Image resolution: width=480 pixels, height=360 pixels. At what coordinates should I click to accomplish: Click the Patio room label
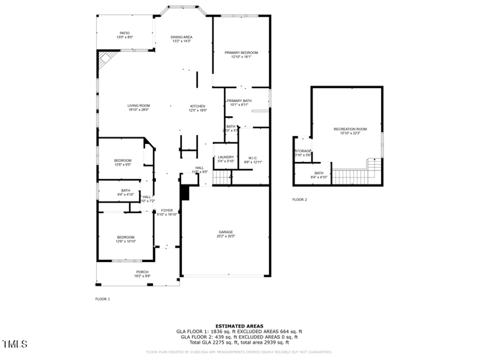point(124,33)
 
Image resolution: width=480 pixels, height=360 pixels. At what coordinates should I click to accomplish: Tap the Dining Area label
point(182,37)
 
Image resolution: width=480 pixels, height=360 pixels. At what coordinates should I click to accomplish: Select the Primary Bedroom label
point(241,53)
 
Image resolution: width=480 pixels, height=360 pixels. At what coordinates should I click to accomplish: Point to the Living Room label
point(138,106)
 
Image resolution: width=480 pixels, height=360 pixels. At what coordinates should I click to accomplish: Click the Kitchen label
point(197,106)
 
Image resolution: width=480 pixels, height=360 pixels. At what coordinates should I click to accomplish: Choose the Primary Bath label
point(239,101)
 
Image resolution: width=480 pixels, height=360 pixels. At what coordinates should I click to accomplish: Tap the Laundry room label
point(226,157)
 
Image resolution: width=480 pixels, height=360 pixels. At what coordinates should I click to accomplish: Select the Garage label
point(226,232)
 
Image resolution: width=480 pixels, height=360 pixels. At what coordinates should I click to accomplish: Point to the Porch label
point(142,272)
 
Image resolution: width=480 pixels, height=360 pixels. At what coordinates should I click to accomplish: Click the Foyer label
point(167,211)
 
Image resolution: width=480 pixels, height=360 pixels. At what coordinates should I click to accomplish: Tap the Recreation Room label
point(350,130)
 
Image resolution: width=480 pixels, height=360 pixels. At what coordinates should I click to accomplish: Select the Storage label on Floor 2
point(302,151)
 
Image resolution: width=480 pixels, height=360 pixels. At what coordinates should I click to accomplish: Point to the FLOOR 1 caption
point(103,299)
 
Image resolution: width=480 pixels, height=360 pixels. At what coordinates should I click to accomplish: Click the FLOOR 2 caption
point(299,199)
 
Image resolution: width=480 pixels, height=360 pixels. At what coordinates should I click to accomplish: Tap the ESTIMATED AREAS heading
point(239,326)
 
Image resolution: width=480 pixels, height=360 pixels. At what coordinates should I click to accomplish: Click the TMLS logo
point(15,344)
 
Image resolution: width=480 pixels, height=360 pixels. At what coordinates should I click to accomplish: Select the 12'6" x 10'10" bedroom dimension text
point(126,241)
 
